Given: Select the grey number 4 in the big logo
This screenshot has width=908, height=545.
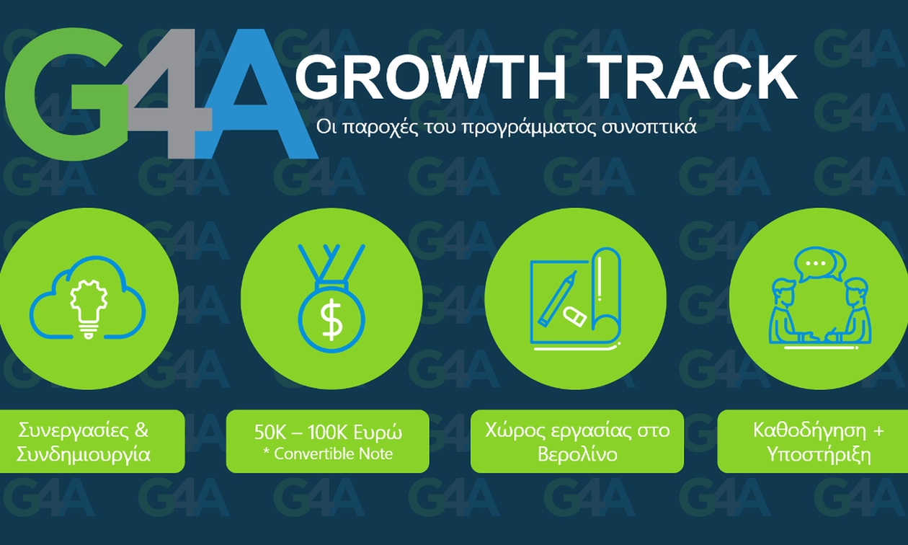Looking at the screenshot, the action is (x=170, y=94).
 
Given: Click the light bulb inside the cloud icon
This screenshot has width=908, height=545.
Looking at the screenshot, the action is (x=89, y=308).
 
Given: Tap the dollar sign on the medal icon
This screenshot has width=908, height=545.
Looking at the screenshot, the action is (x=331, y=320).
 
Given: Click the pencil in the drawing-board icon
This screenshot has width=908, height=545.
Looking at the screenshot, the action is (x=558, y=298).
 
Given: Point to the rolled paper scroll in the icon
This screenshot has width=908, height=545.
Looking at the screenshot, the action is (x=606, y=296).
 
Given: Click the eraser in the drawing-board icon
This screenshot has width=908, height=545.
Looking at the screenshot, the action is (x=574, y=316).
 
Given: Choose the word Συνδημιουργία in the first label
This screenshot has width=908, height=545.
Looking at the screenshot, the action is (x=84, y=454).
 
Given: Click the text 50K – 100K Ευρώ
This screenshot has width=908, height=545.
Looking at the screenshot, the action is (x=328, y=433).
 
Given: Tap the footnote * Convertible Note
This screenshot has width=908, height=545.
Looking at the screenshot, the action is (x=328, y=454).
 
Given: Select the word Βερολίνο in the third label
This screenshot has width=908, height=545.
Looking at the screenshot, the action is (x=577, y=454).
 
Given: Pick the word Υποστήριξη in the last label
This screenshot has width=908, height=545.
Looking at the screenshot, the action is (x=819, y=454).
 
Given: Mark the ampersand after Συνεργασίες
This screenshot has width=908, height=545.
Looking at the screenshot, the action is (x=141, y=430).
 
